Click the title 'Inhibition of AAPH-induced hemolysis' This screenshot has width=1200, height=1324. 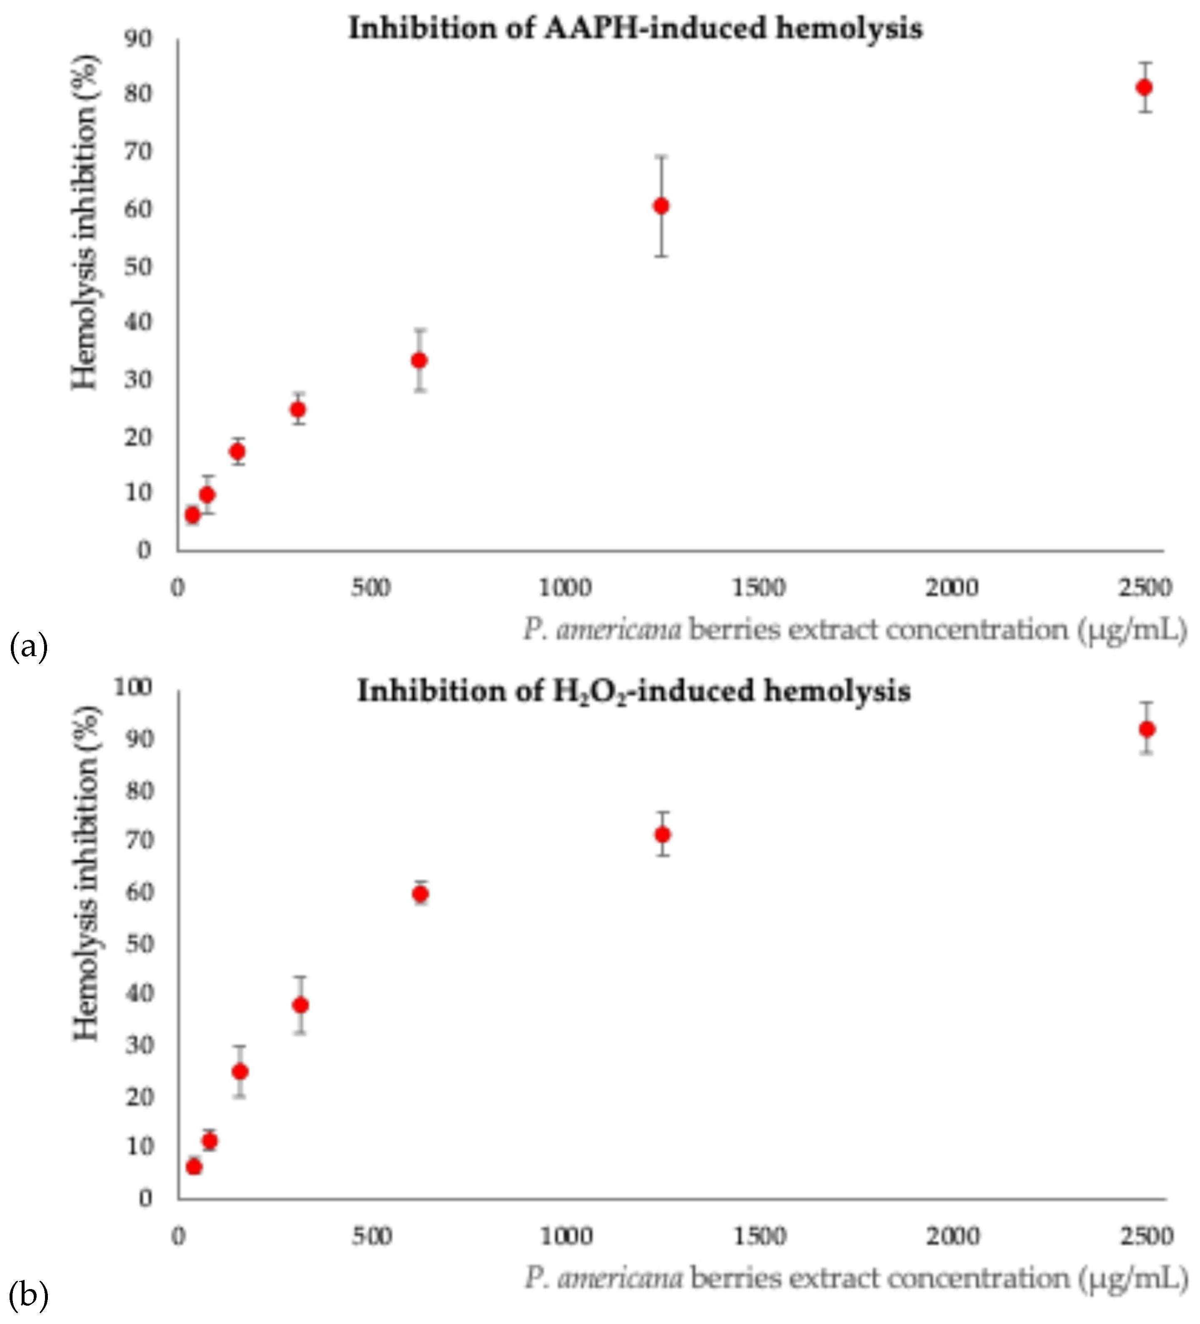click(x=635, y=29)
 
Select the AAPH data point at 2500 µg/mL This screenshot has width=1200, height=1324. click(x=1144, y=87)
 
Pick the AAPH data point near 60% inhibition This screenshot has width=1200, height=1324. click(x=661, y=206)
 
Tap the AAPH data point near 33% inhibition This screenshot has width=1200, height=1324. click(x=419, y=361)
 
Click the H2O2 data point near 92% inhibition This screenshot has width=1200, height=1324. click(x=1147, y=729)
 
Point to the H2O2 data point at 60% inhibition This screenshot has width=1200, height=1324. click(x=421, y=894)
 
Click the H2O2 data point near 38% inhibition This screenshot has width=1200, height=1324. click(x=300, y=1005)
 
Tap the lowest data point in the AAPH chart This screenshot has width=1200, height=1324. click(x=192, y=515)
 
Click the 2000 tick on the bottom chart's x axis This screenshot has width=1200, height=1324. click(x=952, y=1237)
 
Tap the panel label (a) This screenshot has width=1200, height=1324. click(x=28, y=647)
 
